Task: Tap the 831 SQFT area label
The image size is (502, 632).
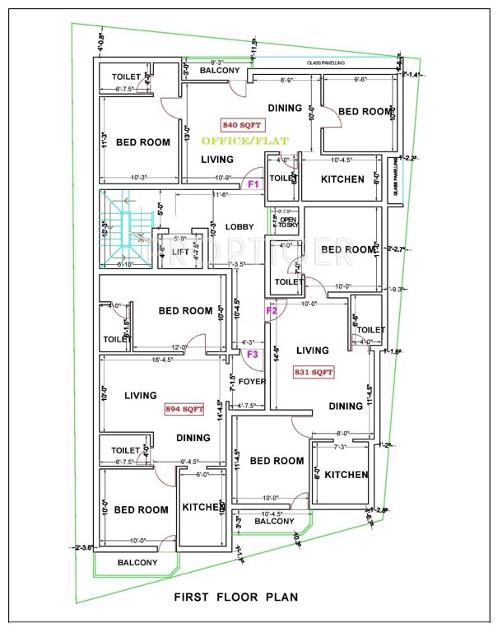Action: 314,372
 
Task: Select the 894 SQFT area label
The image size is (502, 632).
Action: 183,408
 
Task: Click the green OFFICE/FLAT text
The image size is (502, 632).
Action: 257,141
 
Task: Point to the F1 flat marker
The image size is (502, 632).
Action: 253,184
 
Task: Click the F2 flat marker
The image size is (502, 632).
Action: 271,310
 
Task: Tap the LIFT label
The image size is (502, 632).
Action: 180,252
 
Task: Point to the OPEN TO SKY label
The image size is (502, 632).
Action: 288,224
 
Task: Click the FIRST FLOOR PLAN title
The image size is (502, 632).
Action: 235,597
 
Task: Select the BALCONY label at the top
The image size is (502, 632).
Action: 220,71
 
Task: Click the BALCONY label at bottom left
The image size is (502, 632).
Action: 137,563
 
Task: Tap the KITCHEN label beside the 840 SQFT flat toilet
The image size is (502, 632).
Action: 342,179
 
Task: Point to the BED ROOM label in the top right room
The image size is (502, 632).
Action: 365,111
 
